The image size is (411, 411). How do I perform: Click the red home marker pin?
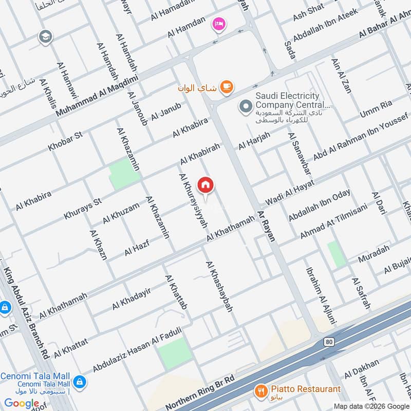point(206,185)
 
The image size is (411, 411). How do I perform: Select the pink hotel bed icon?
point(219,24)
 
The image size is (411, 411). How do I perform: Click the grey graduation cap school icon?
point(45,36)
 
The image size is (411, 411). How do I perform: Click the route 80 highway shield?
point(329,342)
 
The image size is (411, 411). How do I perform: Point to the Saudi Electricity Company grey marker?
point(246,107)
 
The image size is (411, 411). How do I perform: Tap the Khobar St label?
point(65,141)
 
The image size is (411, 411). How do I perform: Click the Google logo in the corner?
point(22,403)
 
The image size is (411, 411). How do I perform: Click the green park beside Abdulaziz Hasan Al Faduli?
point(175,353)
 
